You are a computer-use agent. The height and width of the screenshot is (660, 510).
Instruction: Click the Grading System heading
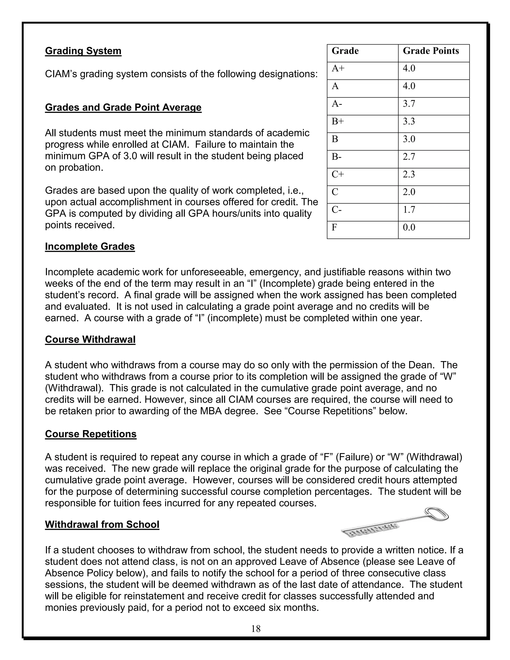coord(83,51)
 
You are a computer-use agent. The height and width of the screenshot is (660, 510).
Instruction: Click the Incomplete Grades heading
coord(90,246)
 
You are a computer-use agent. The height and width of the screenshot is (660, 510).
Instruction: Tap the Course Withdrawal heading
coord(90,339)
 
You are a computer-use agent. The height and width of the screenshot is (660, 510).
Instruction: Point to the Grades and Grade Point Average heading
coord(123,107)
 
